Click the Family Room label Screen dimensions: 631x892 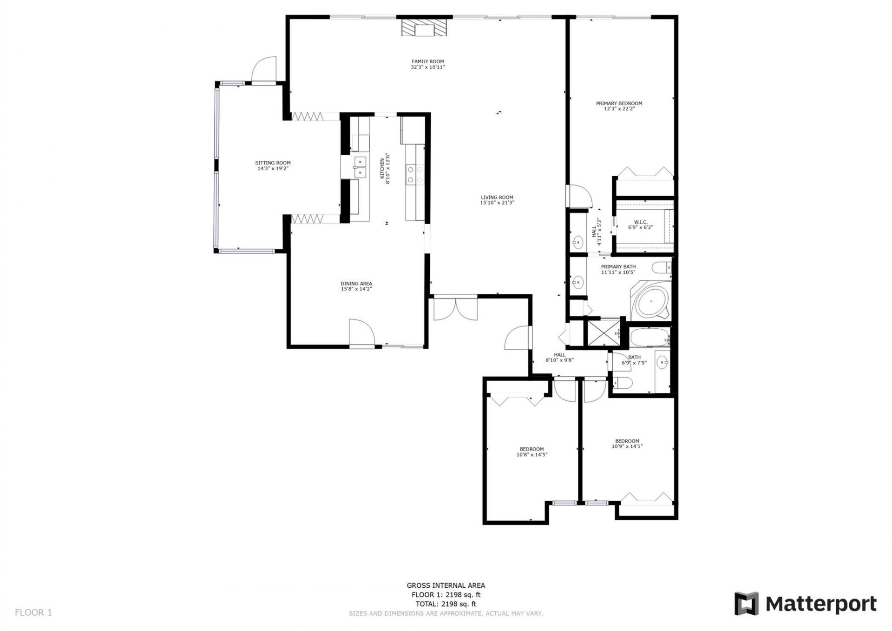427,61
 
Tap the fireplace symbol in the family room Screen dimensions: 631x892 423,28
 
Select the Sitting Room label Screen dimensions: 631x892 273,163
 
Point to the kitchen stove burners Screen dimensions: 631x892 415,174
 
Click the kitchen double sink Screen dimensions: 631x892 360,167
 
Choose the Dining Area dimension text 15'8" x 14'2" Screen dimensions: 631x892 356,289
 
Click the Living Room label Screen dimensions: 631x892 497,197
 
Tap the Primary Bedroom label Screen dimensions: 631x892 619,103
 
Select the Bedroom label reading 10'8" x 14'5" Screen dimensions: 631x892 531,449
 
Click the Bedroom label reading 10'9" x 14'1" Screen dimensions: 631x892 627,441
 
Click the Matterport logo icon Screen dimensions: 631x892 746,604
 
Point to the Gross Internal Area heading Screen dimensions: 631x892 446,585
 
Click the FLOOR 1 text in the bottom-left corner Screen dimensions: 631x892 33,612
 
